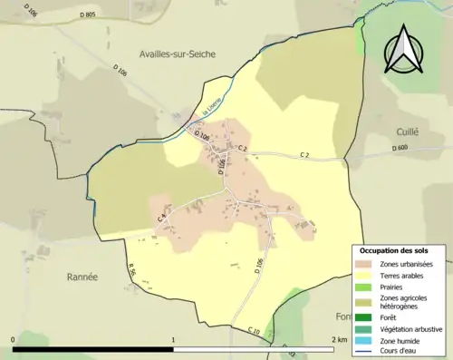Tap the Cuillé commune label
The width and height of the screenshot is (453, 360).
pyautogui.click(x=408, y=131)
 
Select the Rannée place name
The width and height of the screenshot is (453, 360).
pyautogui.click(x=82, y=276)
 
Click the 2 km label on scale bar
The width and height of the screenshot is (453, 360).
pyautogui.click(x=339, y=340)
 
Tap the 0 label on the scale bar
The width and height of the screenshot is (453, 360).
pyautogui.click(x=14, y=340)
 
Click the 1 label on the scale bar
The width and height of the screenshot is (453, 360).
pyautogui.click(x=174, y=340)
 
